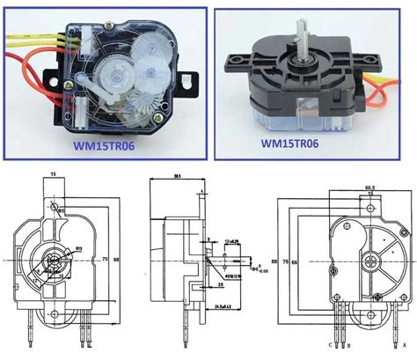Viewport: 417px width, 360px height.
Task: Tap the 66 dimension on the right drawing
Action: (298, 263)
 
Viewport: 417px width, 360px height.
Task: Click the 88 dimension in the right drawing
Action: (275, 263)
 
